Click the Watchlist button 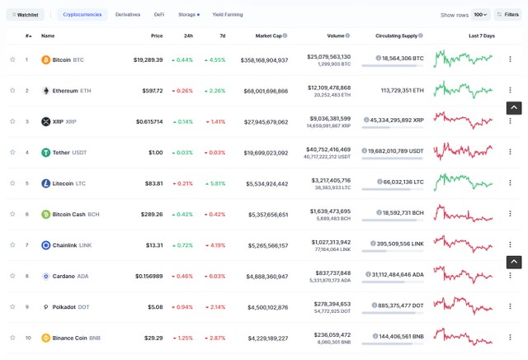26,15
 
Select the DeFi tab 159,15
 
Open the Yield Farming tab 227,15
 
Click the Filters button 508,15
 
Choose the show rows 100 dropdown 480,15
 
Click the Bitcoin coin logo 46,59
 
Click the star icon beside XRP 12,121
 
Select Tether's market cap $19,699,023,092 261,153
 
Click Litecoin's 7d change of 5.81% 215,183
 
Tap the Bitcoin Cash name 68,215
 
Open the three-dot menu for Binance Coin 511,338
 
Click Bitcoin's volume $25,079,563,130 328,56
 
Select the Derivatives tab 128,15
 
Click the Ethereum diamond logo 46,91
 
